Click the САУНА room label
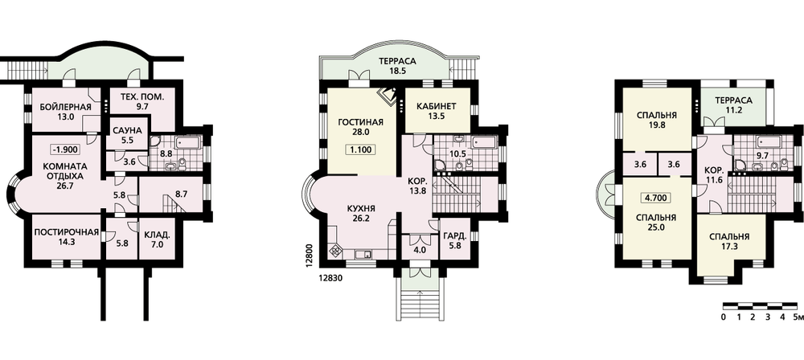tap(127, 129)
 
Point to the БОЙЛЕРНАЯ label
tap(65, 107)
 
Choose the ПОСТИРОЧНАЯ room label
tap(66, 232)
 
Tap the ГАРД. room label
tap(455, 236)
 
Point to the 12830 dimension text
tap(330, 279)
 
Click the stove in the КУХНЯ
tap(335, 251)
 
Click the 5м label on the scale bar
tap(797, 317)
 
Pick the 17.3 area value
tap(729, 247)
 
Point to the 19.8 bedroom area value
tap(656, 125)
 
